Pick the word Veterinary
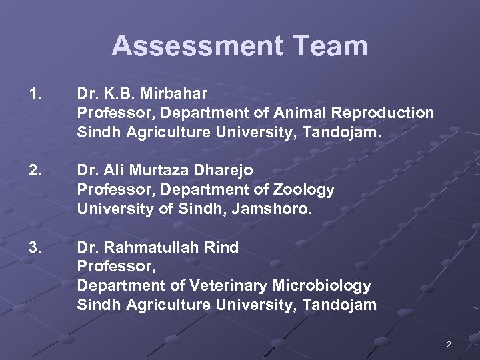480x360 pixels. [x=228, y=286]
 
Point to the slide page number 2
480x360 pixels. [x=449, y=345]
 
